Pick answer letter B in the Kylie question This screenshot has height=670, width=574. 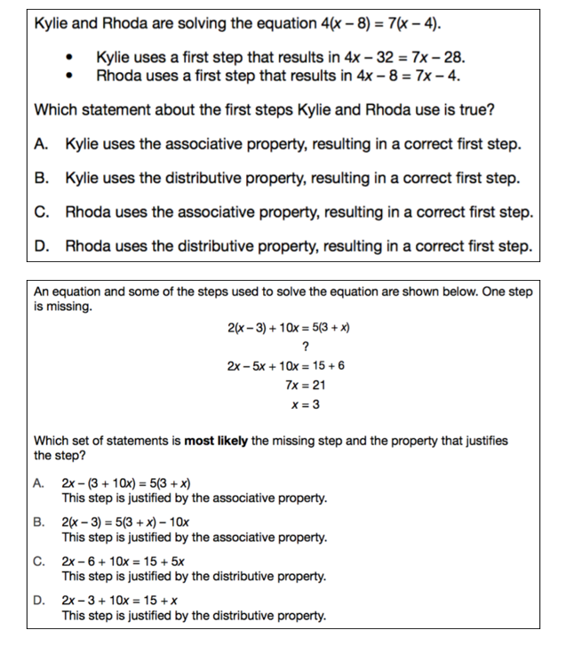(41, 178)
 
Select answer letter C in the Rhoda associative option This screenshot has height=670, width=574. (41, 211)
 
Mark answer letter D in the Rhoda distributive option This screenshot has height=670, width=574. (41, 245)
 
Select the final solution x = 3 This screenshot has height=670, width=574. (305, 405)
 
